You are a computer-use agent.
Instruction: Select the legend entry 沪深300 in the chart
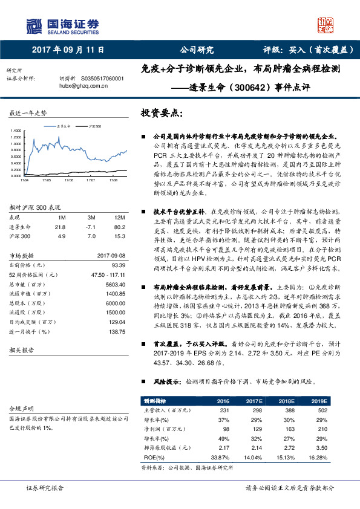pos(93,126)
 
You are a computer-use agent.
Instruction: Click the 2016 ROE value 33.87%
pos(222,458)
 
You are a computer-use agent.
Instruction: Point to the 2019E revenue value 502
pos(319,410)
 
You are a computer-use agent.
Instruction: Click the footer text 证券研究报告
pos(45,488)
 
